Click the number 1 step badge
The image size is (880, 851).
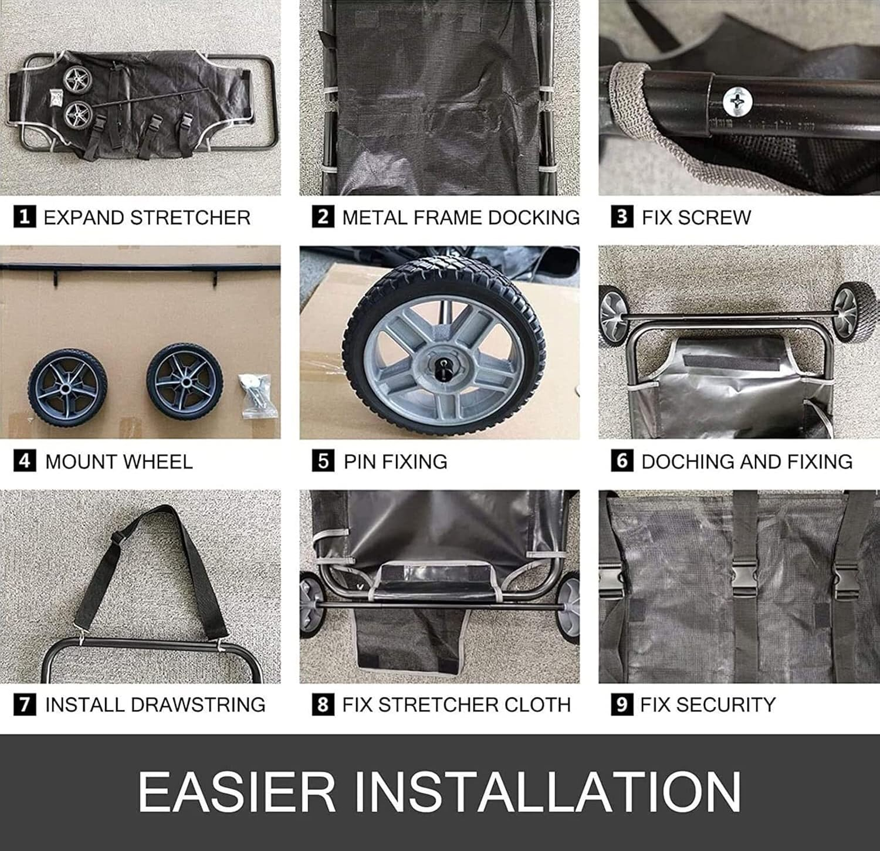click(x=24, y=217)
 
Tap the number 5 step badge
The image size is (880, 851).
click(x=323, y=461)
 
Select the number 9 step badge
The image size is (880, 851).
click(x=622, y=704)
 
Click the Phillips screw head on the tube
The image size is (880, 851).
click(x=737, y=101)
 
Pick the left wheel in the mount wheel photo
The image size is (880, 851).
click(x=67, y=386)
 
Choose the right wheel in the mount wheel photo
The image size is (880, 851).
click(x=185, y=382)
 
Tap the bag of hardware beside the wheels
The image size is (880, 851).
click(x=258, y=396)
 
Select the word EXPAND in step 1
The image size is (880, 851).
click(x=84, y=218)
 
